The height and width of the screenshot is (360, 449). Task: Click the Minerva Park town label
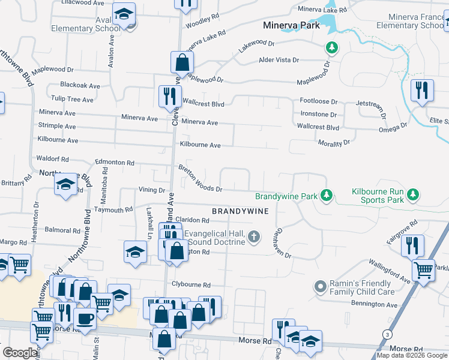point(290,26)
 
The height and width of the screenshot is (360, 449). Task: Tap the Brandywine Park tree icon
point(326,196)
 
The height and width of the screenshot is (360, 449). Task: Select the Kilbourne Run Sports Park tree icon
point(412,194)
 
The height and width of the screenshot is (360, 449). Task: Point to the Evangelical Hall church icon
point(254,236)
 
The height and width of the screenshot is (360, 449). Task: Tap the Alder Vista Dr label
point(279,60)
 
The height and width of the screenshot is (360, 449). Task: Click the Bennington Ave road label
point(375,305)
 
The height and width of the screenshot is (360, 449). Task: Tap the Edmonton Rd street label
point(115,163)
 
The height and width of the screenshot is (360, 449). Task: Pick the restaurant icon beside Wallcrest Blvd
point(169,96)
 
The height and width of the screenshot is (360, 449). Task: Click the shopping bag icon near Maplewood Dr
point(181,62)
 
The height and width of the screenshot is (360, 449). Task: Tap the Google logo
point(20,353)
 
